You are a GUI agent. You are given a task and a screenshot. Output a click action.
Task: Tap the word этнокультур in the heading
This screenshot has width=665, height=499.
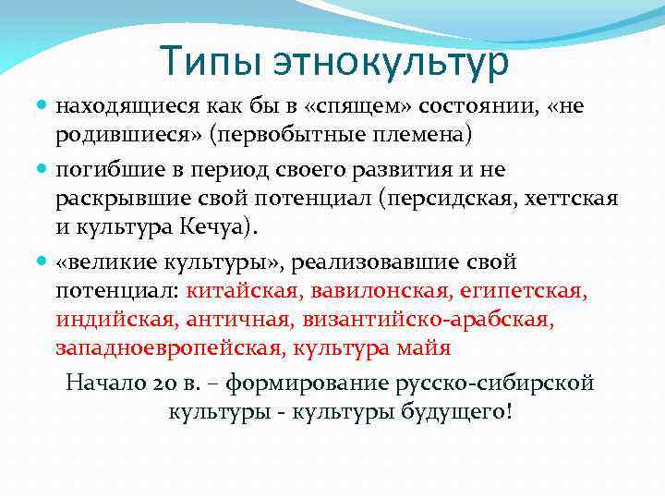[391, 61]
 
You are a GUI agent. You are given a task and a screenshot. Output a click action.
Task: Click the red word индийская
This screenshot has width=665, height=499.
[114, 320]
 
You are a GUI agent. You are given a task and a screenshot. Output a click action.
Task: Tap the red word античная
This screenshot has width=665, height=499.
[231, 320]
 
